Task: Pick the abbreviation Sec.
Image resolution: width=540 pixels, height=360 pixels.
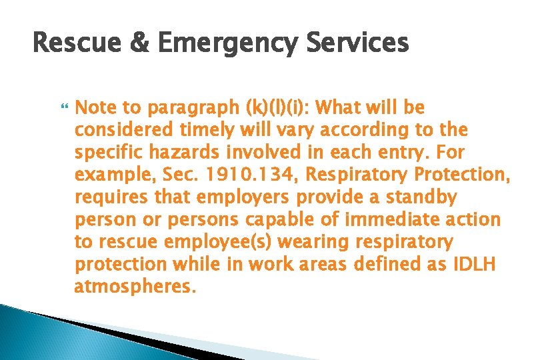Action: (183, 175)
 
